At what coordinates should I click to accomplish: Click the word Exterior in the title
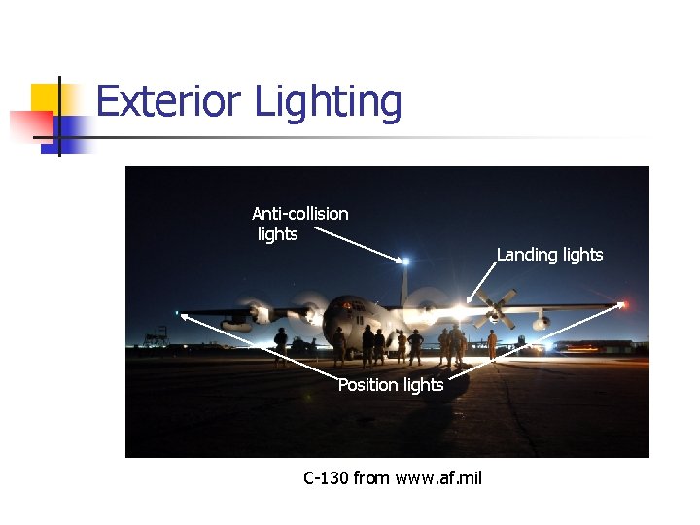tap(167, 101)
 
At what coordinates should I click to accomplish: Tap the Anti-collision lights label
tap(299, 224)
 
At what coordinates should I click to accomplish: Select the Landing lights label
tap(549, 255)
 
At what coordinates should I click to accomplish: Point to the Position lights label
tap(391, 385)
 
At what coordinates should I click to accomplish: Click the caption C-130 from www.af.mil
tap(393, 477)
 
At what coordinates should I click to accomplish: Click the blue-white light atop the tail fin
tap(405, 261)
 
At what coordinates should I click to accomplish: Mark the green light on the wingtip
tap(177, 313)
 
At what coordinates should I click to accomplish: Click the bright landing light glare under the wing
tap(457, 312)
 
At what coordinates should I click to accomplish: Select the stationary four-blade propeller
tap(494, 308)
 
